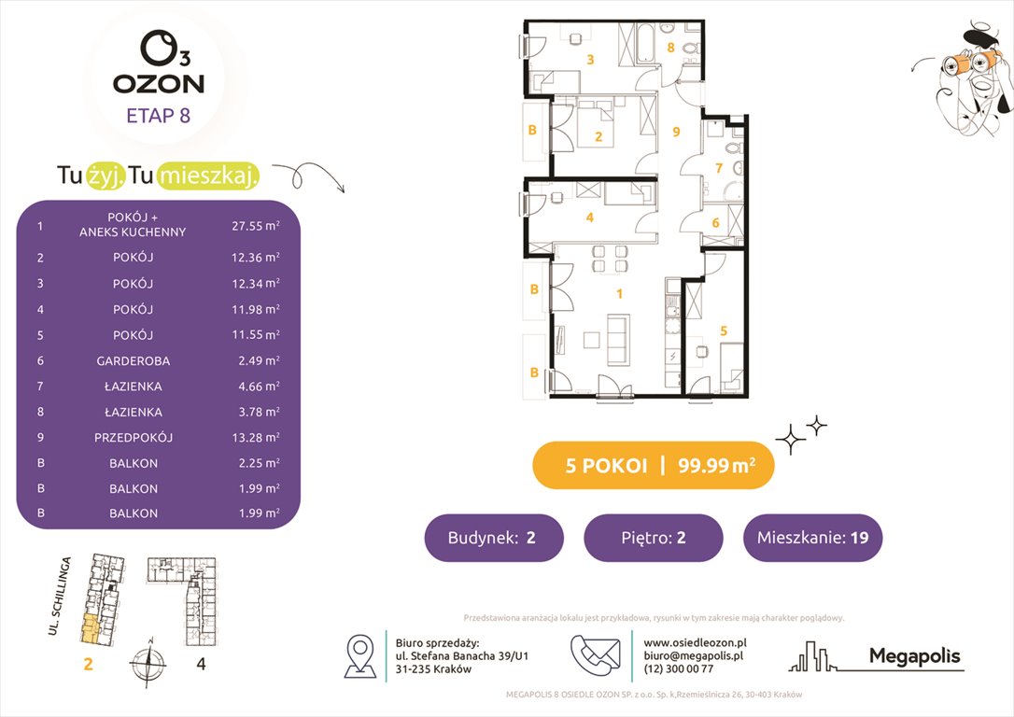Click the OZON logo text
point(159,82)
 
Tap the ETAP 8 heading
point(159,117)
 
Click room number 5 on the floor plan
point(724,330)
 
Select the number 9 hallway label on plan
point(676,132)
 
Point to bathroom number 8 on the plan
point(669,47)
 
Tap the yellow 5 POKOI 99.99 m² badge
point(653,466)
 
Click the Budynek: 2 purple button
point(494,538)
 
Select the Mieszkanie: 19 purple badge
point(812,538)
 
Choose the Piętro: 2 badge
point(653,538)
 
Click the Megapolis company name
point(914,656)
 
